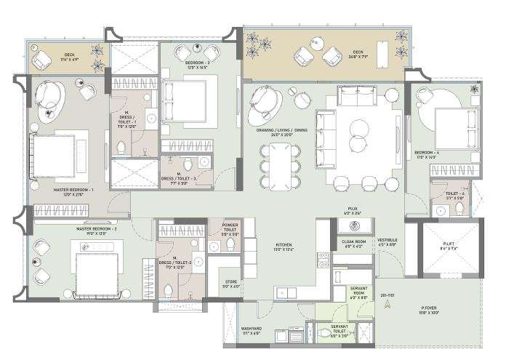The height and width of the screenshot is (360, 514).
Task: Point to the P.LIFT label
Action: tap(449, 245)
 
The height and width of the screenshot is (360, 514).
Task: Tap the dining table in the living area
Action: tap(280, 164)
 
